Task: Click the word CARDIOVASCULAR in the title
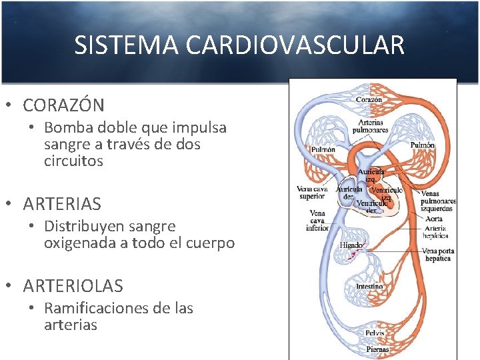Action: [x=295, y=45]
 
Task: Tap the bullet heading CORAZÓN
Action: [x=63, y=105]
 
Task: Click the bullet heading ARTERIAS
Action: [x=62, y=203]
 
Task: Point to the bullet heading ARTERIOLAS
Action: [x=73, y=286]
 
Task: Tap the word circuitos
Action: [x=73, y=161]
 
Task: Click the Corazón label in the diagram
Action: [x=369, y=99]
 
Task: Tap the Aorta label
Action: [x=433, y=218]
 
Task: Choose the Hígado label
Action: [x=351, y=245]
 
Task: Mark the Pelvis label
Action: [x=374, y=333]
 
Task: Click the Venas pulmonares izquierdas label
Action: [x=439, y=201]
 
